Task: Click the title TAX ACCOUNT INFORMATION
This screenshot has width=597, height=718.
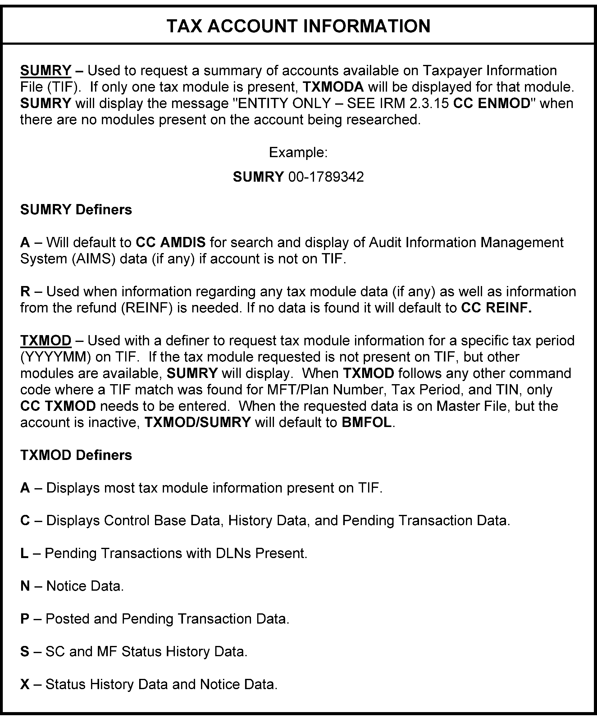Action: point(298,26)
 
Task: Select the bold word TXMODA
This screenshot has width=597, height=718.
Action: point(333,87)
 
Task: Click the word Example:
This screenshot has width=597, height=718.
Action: point(298,152)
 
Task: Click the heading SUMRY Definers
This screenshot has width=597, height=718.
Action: point(76,210)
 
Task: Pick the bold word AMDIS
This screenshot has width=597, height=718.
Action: point(183,243)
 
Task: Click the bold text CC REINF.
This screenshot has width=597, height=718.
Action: point(496,308)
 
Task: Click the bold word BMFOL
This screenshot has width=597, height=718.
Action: point(366,423)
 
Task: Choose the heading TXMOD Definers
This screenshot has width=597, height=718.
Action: point(76,455)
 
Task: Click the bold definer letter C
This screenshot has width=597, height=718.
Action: point(25,521)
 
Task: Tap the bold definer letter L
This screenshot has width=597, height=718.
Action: point(24,553)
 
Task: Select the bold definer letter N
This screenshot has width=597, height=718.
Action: point(25,586)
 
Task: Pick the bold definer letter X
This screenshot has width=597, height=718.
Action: point(25,684)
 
